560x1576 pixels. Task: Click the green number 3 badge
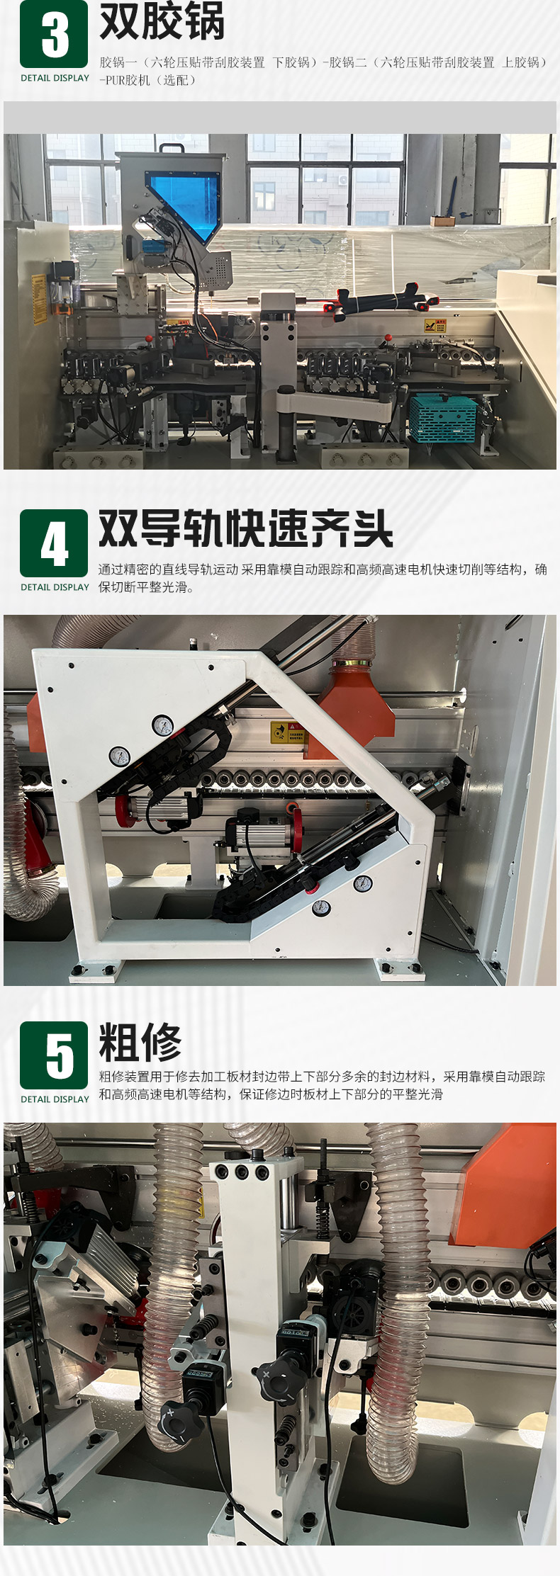coord(54,34)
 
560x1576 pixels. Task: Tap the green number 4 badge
coord(54,543)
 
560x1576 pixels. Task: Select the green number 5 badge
coord(54,1055)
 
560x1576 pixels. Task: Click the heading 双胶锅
coord(162,21)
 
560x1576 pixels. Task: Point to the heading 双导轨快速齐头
coord(245,528)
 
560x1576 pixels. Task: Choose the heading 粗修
coord(140,1041)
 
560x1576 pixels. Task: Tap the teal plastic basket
coord(444,417)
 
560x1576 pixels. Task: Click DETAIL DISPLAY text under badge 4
coord(55,587)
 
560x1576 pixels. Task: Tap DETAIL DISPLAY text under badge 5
coord(55,1099)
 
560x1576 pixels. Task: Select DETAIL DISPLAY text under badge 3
coord(55,78)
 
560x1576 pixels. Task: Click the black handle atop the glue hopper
coord(172,148)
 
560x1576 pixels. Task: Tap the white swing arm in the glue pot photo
coord(333,404)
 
